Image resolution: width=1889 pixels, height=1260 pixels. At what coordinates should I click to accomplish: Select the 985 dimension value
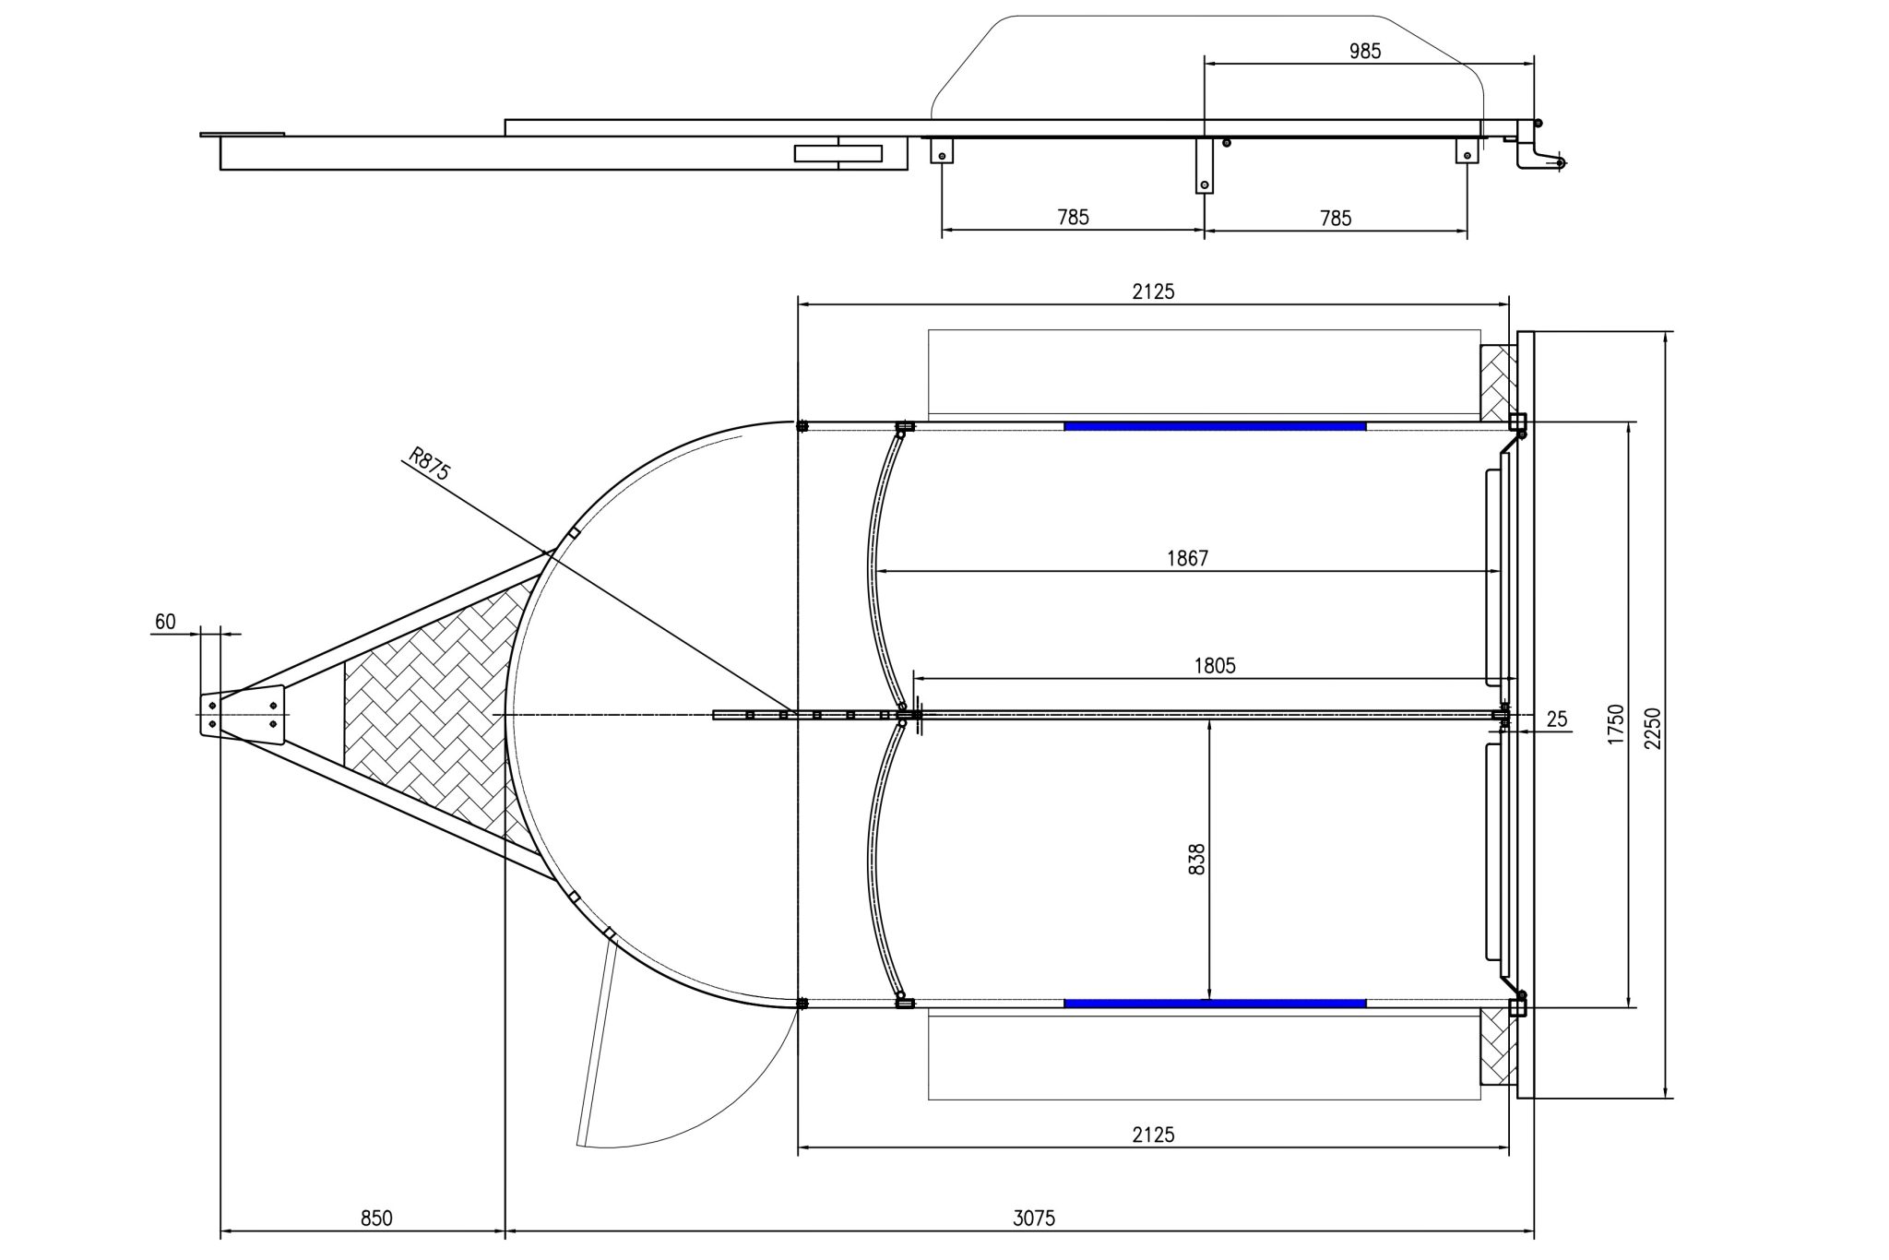click(1365, 52)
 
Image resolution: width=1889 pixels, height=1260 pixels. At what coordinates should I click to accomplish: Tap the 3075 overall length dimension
click(1034, 1218)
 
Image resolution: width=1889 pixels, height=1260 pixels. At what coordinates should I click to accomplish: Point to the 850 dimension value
click(376, 1218)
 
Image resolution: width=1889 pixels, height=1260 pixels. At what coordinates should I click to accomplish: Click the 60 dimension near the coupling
click(165, 622)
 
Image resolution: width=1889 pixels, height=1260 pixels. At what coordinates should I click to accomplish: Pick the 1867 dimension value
click(1187, 558)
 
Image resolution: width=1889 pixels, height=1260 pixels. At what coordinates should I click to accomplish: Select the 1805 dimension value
click(1214, 665)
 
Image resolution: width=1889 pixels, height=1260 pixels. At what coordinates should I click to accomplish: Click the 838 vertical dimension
click(1197, 859)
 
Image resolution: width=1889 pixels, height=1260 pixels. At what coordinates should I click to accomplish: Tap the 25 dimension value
click(1557, 719)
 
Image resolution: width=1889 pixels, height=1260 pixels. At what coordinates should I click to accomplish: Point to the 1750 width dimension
click(1615, 724)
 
